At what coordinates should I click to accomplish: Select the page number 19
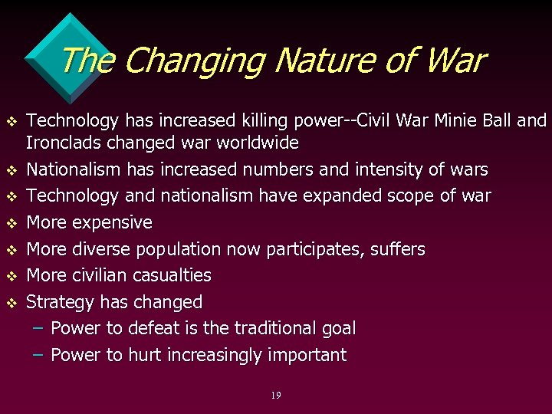276,396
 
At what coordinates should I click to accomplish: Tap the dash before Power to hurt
39,355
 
